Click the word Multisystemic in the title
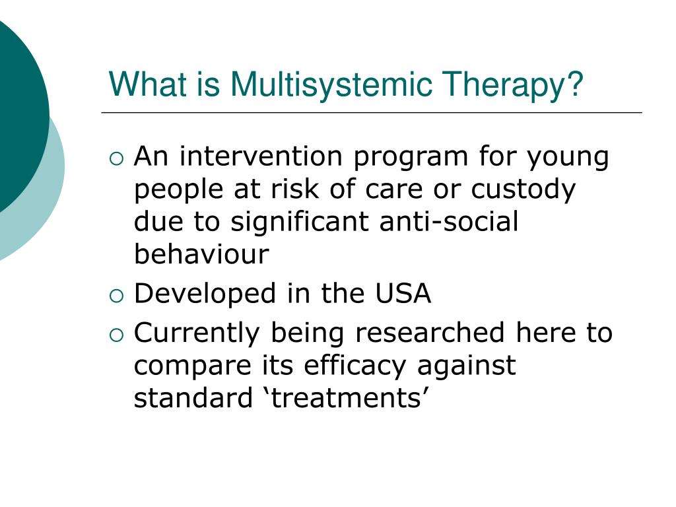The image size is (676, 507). coord(331,84)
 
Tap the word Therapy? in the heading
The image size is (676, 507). coord(514,84)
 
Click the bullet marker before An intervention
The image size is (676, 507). coord(116,158)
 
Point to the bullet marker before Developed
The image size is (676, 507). coord(116,294)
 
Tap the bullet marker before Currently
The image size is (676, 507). coord(116,334)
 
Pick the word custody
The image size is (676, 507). coord(524,189)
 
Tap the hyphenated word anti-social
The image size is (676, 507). coord(449,222)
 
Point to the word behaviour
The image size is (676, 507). coord(201,254)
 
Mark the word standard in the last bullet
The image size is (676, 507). coord(189,398)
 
